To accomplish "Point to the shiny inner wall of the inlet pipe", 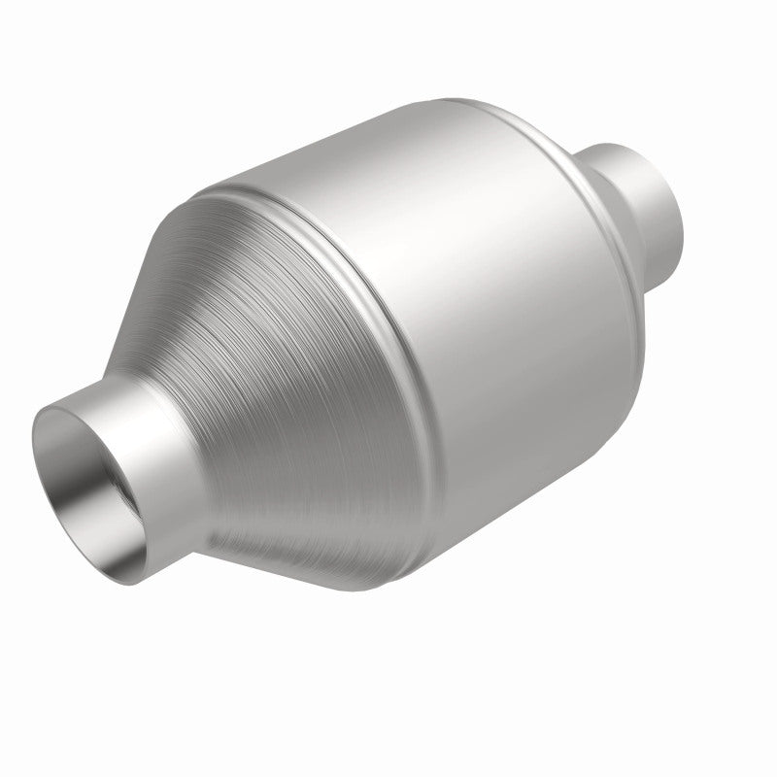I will click(68, 456).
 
